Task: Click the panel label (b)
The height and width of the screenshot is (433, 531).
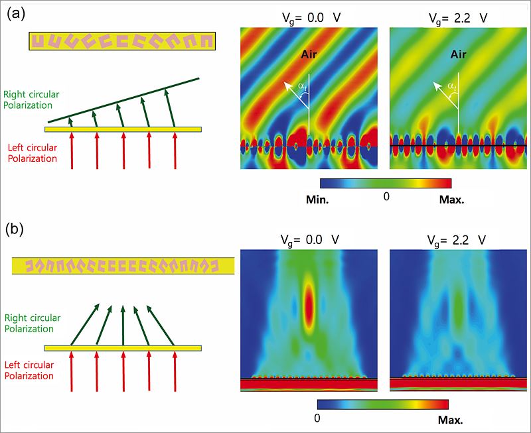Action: (x=15, y=229)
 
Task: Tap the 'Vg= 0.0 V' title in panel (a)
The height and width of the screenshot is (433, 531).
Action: (x=309, y=18)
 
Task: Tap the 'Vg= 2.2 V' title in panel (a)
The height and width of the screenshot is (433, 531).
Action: (x=455, y=18)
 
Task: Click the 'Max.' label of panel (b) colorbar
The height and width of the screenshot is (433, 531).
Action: (x=449, y=420)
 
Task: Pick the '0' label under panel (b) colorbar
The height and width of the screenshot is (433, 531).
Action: (x=319, y=418)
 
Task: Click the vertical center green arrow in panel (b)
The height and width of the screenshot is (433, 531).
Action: (x=123, y=326)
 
